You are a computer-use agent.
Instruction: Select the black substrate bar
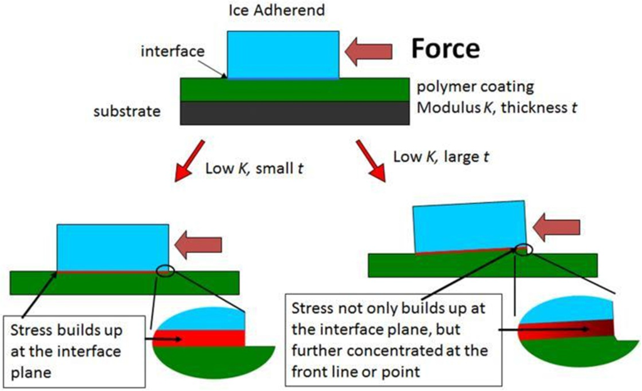coord(295,113)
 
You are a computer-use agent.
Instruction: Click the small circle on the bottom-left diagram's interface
coord(166,271)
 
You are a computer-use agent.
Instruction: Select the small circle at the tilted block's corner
coord(524,250)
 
